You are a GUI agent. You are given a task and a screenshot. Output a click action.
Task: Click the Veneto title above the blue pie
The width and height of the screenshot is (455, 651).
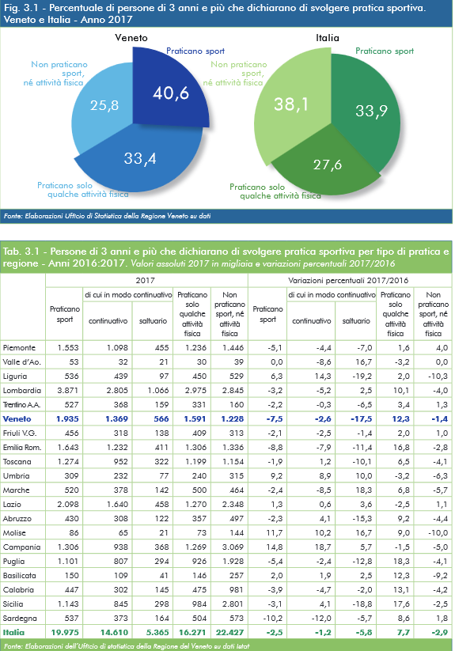click(x=131, y=38)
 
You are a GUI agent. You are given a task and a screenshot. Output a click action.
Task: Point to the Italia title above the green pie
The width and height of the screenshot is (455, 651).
click(x=328, y=38)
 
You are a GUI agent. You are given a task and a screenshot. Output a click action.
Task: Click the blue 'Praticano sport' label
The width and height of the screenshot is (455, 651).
click(x=195, y=51)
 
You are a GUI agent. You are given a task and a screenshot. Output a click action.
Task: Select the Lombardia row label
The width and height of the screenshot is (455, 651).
click(x=21, y=390)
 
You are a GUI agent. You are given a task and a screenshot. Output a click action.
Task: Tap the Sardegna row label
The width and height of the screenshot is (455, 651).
click(x=20, y=619)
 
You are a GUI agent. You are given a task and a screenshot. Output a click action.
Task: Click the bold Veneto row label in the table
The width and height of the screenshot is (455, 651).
click(x=17, y=419)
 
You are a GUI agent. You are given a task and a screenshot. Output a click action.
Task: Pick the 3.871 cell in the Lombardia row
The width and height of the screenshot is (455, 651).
click(x=68, y=390)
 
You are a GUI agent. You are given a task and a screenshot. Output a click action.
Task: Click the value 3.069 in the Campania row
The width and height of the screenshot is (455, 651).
click(x=233, y=547)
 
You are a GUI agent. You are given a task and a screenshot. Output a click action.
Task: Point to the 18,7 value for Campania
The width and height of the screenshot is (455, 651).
click(x=323, y=547)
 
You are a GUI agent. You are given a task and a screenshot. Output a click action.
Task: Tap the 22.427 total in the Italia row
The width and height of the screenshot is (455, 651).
click(x=229, y=632)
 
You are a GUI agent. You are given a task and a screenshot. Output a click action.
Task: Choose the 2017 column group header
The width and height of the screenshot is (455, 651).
click(x=146, y=281)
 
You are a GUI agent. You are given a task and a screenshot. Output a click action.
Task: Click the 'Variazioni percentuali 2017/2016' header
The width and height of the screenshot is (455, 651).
click(x=348, y=281)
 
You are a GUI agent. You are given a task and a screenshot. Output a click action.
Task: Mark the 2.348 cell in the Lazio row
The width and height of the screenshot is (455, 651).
click(x=233, y=504)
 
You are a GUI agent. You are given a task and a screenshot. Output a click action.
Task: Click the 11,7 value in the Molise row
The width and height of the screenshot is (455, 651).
click(x=275, y=532)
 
